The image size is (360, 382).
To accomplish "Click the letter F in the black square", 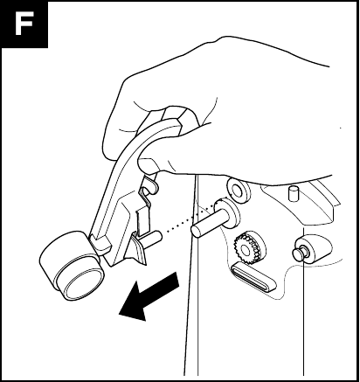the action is pyautogui.click(x=24, y=24).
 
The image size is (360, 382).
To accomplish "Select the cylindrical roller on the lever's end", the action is pyautogui.click(x=72, y=267).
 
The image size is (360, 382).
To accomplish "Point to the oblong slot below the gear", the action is pyautogui.click(x=253, y=276).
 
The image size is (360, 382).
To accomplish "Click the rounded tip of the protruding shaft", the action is pyautogui.click(x=196, y=232).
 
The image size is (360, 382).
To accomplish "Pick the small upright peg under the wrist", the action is pyautogui.click(x=294, y=193).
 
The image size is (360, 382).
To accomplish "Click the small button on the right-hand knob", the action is pyautogui.click(x=299, y=253).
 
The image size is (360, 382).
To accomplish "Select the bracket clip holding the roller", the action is pyautogui.click(x=100, y=242).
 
